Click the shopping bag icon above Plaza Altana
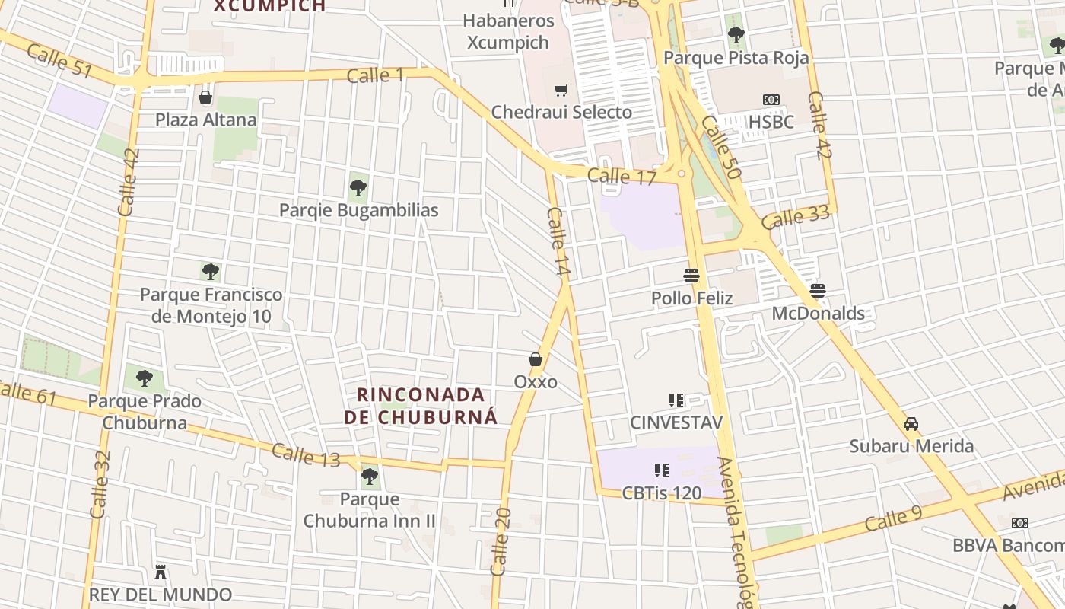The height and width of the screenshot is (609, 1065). point(205,97)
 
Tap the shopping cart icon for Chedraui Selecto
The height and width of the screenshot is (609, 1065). point(561,91)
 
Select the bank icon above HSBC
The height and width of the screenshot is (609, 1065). point(771,100)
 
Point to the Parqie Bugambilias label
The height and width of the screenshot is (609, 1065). point(358,210)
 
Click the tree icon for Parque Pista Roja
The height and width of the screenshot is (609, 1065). point(736,35)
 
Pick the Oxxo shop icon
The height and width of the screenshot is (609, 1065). point(536,359)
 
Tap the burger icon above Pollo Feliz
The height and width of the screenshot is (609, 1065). point(691,275)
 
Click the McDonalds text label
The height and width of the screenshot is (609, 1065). point(818,314)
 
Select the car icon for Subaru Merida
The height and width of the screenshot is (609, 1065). point(911,423)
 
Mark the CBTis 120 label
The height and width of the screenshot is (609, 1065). point(661,493)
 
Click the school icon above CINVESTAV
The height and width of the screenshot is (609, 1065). point(676,400)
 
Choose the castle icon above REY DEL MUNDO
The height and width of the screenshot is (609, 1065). point(161,572)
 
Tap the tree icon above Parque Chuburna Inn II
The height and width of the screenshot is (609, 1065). point(370,477)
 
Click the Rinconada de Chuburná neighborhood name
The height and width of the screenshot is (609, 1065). point(421,406)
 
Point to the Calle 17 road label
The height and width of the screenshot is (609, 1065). point(622,177)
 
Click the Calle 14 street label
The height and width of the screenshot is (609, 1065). point(558,241)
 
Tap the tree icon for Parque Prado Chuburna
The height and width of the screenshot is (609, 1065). point(144,378)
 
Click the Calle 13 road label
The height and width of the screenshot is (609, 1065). point(306,455)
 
